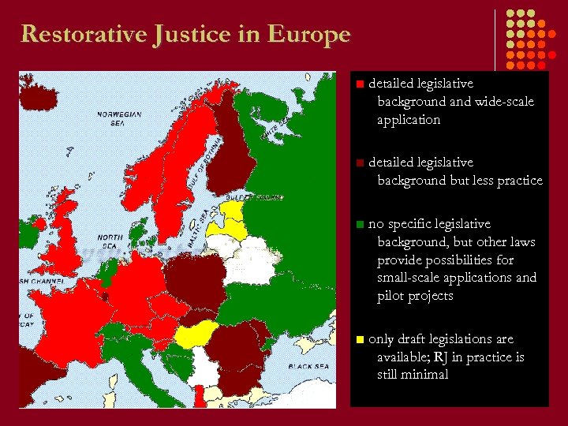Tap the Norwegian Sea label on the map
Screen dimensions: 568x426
click(x=119, y=118)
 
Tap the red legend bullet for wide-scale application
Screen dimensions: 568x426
click(x=359, y=83)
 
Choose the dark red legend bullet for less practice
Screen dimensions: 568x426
click(x=359, y=163)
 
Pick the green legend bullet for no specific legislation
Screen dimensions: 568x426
click(x=359, y=224)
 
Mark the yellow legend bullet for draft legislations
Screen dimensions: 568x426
click(x=359, y=339)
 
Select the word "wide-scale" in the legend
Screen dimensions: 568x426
click(x=504, y=102)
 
